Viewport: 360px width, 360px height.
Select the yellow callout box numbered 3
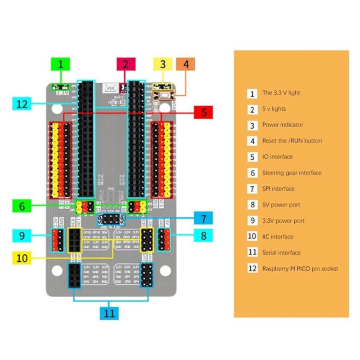[163, 64]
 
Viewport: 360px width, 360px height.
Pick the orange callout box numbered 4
[186, 64]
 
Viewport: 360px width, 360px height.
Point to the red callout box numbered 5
[204, 112]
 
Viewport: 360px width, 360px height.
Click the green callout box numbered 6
[22, 206]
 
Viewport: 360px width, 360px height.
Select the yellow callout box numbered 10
[22, 258]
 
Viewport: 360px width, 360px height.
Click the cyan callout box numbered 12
[22, 104]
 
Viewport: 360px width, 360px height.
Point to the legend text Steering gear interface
[292, 173]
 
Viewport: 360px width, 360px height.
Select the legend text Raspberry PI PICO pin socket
[300, 269]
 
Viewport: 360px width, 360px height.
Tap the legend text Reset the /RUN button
[292, 141]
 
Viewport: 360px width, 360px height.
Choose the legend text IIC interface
[277, 237]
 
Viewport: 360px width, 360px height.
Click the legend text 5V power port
[281, 205]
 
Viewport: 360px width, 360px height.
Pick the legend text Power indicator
[283, 125]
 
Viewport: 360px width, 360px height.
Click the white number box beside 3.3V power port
[252, 221]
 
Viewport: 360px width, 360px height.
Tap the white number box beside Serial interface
[252, 253]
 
